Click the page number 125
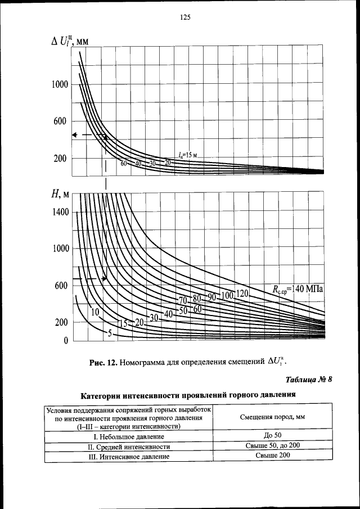[x=186, y=17]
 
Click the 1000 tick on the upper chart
[x=61, y=85]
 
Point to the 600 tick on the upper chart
[x=61, y=122]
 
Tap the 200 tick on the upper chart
[x=61, y=159]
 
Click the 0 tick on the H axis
[x=65, y=341]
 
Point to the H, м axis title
[x=60, y=194]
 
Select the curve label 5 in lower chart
[x=110, y=334]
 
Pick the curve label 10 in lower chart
[x=95, y=312]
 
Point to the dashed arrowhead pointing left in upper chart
[x=74, y=135]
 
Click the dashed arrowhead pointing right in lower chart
[x=104, y=278]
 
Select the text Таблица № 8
[x=309, y=380]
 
